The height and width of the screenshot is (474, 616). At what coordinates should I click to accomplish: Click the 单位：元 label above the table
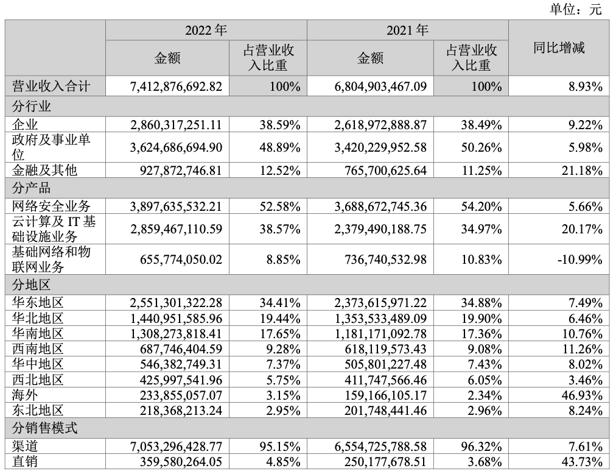point(575,9)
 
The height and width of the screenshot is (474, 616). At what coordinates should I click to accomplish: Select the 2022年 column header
point(206,30)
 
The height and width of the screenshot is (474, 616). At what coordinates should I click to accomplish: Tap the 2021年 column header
point(407,30)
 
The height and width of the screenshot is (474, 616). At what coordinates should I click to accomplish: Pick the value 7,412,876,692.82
point(175,86)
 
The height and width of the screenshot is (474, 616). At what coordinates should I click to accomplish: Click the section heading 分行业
point(32,106)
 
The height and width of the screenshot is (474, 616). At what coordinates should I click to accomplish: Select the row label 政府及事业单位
point(52,147)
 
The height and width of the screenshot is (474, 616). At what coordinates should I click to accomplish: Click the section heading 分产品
point(32,186)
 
